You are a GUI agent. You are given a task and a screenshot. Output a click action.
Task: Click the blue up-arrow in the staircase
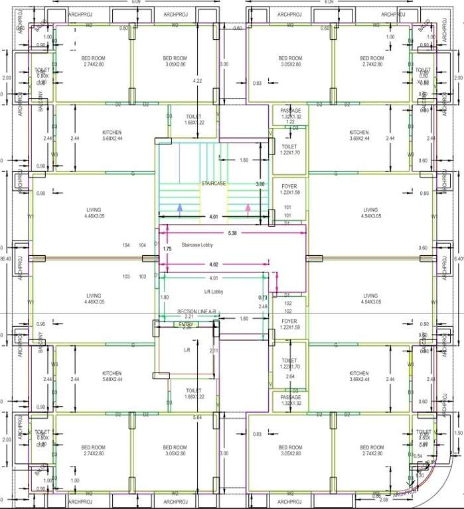[179, 207]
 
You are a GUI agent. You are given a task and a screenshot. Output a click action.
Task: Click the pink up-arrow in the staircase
[248, 207]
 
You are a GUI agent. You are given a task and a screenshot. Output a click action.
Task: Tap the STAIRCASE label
[214, 183]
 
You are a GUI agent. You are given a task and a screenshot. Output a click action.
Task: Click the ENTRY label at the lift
[187, 325]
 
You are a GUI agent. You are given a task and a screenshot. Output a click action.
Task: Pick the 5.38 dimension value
[232, 233]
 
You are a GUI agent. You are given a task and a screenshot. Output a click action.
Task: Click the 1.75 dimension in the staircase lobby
[167, 248]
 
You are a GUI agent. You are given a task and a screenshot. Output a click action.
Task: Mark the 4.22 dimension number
[197, 81]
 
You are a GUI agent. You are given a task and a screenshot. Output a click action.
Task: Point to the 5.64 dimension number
[197, 418]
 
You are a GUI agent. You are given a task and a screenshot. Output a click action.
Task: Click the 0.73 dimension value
[263, 298]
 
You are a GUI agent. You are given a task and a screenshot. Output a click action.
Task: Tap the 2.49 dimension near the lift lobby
[263, 306]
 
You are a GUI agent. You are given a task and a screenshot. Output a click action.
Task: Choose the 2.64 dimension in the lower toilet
[289, 376]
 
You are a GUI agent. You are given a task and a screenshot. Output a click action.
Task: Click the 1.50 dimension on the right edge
[457, 433]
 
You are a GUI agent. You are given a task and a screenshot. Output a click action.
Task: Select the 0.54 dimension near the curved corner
[418, 457]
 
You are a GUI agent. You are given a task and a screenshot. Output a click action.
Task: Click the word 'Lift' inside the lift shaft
[187, 350]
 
